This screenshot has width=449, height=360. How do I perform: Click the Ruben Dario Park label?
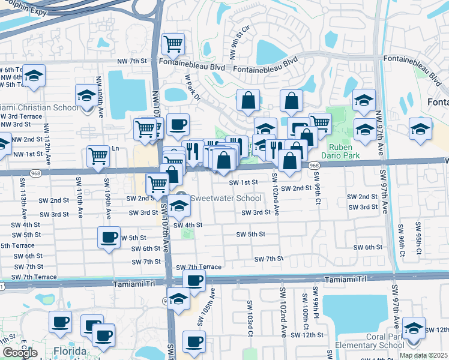(x=340, y=150)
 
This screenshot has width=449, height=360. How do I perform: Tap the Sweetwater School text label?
(x=225, y=199)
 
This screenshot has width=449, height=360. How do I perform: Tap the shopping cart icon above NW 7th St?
(x=173, y=43)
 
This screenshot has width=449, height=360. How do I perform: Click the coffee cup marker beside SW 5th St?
(x=109, y=238)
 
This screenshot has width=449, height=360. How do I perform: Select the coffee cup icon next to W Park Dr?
(x=178, y=125)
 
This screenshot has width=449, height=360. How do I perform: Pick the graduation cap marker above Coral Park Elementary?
(x=413, y=328)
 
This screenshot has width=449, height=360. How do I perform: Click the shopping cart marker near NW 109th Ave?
(x=98, y=157)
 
